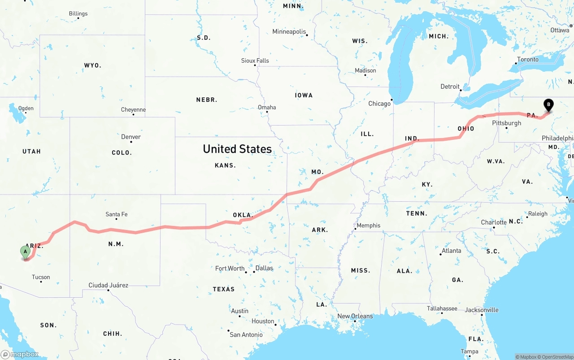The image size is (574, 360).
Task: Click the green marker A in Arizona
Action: click(x=26, y=252)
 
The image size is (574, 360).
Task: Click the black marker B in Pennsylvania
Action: click(x=548, y=105)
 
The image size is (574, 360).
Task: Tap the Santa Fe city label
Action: click(x=116, y=214)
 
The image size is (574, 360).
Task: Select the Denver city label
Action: click(x=130, y=137)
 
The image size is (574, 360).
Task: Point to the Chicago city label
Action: click(x=379, y=104)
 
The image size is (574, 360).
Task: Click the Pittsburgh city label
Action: click(x=506, y=123)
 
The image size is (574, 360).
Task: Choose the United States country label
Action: click(x=237, y=149)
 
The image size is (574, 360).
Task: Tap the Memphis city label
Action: click(x=368, y=226)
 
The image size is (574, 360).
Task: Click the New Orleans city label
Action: click(x=355, y=316)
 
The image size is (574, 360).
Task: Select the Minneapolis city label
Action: click(x=289, y=32)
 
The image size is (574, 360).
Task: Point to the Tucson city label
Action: click(x=41, y=277)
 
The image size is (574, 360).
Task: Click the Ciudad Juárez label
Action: click(x=108, y=285)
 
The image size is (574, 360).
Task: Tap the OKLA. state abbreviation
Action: click(x=243, y=215)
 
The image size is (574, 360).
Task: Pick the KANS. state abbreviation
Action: click(x=225, y=165)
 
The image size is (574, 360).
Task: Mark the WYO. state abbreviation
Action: click(x=93, y=65)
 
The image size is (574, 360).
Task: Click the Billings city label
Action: click(x=78, y=13)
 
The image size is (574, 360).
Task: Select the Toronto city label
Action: click(x=528, y=59)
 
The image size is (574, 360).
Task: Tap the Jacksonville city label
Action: click(x=482, y=310)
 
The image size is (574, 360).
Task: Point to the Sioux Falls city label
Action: click(x=255, y=61)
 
